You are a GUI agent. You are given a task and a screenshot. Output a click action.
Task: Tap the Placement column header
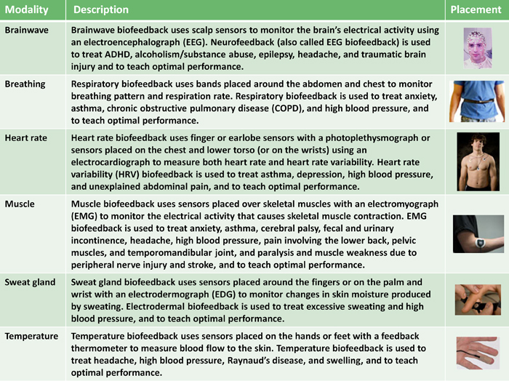pos(476,10)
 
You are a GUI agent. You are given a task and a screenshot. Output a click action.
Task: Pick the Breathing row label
pos(25,84)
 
